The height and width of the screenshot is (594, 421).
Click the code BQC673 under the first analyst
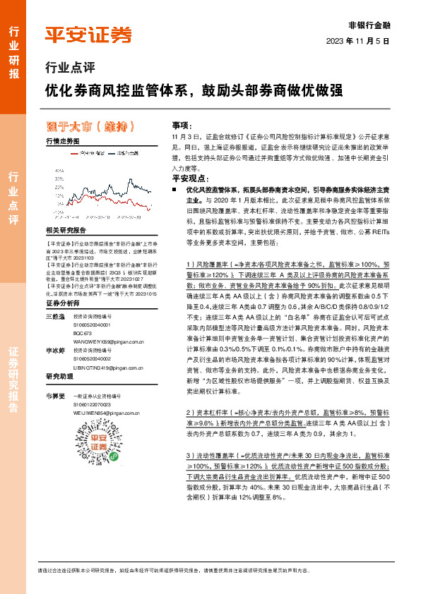[83, 312]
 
